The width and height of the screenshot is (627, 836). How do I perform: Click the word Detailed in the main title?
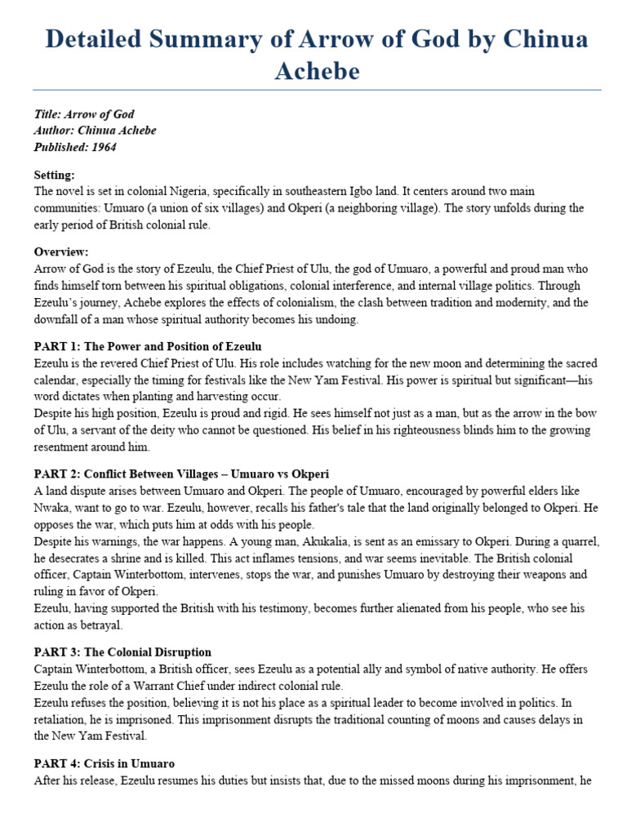(85, 39)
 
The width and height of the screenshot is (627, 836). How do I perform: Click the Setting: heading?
(55, 175)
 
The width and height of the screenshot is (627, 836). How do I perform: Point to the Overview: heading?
(61, 251)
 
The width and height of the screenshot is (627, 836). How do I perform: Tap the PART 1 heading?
(148, 346)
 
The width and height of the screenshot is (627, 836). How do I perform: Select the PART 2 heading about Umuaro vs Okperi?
(181, 474)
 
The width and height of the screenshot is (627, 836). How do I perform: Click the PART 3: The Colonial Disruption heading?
(122, 652)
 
